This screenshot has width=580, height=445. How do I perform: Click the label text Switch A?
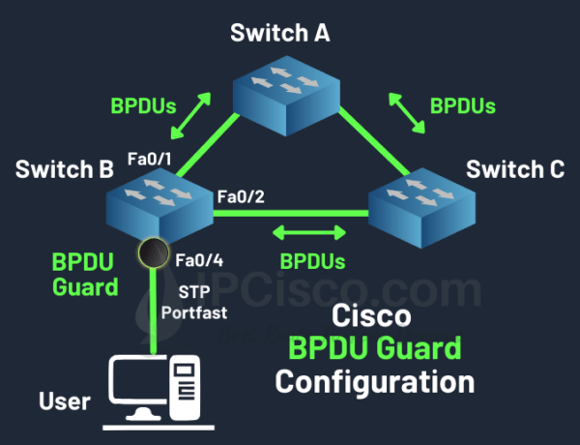[x=280, y=33]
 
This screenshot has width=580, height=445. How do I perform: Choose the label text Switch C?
[x=515, y=170]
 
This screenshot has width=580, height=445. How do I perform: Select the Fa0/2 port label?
[x=241, y=197]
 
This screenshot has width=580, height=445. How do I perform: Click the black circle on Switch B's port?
[x=152, y=253]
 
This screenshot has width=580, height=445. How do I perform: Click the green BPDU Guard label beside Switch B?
[x=84, y=274]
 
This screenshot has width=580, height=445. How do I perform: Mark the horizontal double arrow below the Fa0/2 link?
[x=309, y=232]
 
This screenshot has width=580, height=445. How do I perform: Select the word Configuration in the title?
[x=375, y=380]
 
